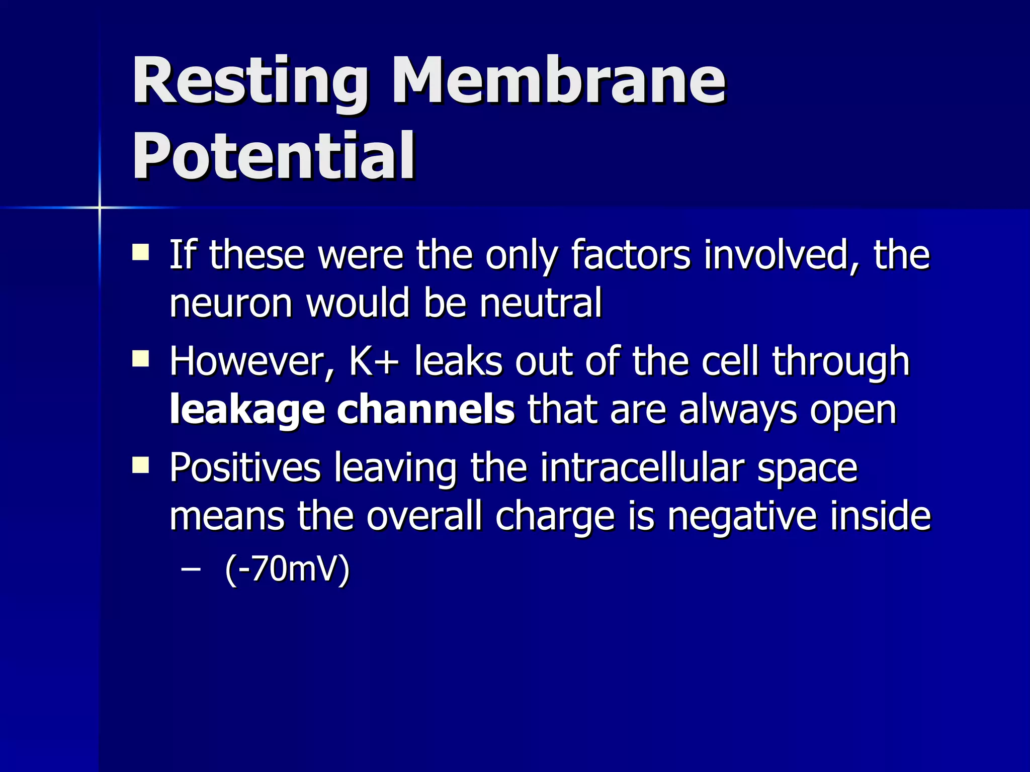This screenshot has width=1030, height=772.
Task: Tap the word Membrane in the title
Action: pos(558,80)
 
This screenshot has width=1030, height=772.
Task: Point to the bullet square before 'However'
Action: pos(140,359)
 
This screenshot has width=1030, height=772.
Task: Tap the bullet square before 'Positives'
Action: pos(140,465)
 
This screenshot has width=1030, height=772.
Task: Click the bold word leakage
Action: pos(247,410)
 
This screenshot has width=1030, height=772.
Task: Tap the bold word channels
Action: pos(425,409)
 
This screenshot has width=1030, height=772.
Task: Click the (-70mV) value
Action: pos(287,569)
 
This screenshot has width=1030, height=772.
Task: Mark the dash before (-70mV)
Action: pos(191,569)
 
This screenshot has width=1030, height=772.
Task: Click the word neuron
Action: pos(231,304)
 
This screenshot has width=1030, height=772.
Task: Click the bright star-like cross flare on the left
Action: pos(100,207)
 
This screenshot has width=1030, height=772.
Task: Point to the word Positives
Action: pos(245,467)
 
